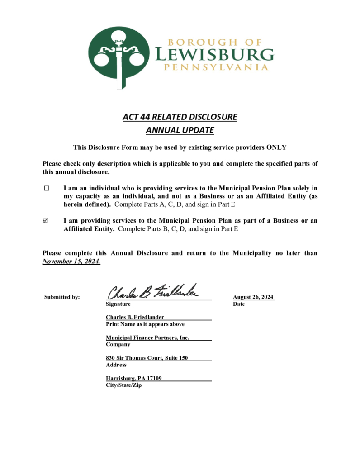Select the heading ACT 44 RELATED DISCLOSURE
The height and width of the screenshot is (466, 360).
[180, 117]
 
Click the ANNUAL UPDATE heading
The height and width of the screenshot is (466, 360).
[180, 130]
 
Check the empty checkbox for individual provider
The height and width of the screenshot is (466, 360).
[47, 188]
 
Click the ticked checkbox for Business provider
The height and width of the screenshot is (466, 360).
[47, 221]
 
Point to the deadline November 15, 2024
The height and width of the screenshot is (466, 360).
[71, 262]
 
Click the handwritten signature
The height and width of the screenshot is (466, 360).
[152, 291]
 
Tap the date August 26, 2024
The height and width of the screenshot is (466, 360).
[253, 297]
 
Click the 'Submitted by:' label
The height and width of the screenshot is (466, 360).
[62, 297]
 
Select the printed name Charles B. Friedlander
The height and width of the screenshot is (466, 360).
[135, 317]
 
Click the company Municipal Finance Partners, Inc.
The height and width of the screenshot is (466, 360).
[147, 338]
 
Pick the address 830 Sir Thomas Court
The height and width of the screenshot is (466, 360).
[147, 358]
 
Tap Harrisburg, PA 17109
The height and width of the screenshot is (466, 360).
[134, 378]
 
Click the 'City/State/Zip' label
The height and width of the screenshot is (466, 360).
[123, 385]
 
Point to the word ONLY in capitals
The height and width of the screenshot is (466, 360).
[276, 147]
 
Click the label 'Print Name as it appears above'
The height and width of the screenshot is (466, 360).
[145, 324]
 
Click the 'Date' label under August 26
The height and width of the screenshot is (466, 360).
[239, 304]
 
